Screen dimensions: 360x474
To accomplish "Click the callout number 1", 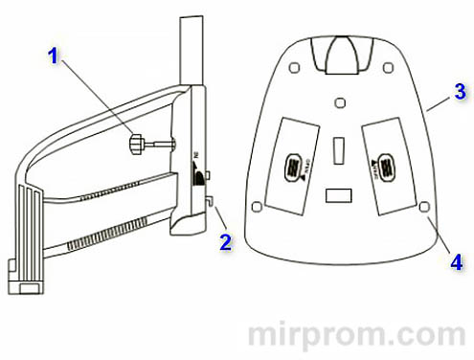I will point(55,56).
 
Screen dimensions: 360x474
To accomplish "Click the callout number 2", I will point(225,240).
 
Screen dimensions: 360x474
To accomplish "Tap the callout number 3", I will point(460,92).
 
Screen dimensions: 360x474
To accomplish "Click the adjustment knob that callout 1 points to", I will point(136,143).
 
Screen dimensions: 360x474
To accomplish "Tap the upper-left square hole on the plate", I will point(294,66).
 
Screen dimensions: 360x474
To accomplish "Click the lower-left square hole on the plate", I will point(257,207).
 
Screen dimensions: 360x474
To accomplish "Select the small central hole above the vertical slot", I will point(339,101).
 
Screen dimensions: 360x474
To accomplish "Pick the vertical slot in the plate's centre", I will point(338,148).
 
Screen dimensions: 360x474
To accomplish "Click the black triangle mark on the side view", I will point(195,176).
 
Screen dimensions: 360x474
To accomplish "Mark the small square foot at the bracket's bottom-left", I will point(28,283).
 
